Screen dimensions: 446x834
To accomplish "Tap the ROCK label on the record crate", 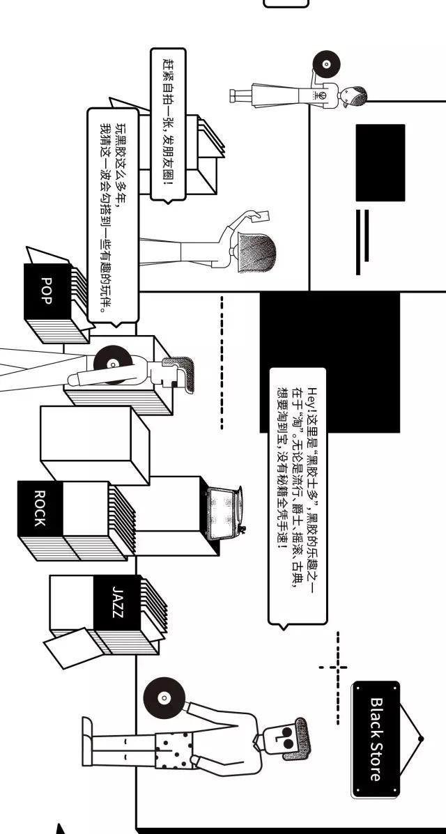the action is pyautogui.click(x=40, y=508).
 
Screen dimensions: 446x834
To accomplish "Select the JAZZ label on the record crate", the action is pyautogui.click(x=118, y=601).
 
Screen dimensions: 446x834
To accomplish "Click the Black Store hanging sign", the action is pyautogui.click(x=375, y=739).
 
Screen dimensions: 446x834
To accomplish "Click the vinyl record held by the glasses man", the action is pyautogui.click(x=163, y=697).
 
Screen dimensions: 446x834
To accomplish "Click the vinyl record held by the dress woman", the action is pyautogui.click(x=325, y=64).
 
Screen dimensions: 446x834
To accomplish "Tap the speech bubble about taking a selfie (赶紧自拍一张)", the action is pyautogui.click(x=168, y=125).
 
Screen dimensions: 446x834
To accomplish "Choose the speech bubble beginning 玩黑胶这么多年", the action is pyautogui.click(x=112, y=215).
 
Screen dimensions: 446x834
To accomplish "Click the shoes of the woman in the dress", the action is pyautogui.click(x=233, y=96).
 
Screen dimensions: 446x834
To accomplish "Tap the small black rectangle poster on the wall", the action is pyautogui.click(x=380, y=163).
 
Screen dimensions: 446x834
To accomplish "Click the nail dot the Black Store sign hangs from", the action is pyautogui.click(x=420, y=739).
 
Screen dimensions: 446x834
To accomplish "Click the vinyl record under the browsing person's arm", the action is pyautogui.click(x=113, y=364).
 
